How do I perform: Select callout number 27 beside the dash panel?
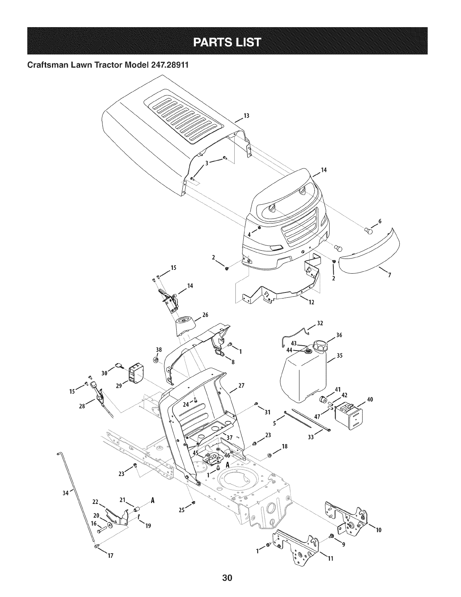(241, 386)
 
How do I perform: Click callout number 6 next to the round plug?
(380, 221)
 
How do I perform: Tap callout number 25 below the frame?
(182, 511)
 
